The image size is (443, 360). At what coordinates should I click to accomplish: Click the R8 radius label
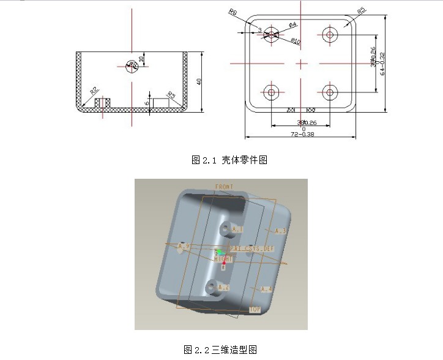(x=233, y=12)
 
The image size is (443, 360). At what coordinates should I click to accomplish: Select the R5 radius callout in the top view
(x=362, y=10)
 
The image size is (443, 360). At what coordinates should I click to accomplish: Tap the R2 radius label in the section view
(x=94, y=91)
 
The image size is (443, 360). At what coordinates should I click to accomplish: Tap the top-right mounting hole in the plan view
(x=330, y=34)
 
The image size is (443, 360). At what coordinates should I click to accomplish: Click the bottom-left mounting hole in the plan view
(x=270, y=92)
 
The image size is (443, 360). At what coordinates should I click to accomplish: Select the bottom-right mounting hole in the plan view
(x=330, y=92)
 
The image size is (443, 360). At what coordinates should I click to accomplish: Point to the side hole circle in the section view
(x=132, y=66)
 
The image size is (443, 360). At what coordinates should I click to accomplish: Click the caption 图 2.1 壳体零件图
(x=229, y=160)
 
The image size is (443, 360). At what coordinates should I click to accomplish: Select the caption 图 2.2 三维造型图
(x=220, y=350)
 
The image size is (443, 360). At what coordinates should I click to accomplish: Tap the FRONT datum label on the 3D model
(x=224, y=186)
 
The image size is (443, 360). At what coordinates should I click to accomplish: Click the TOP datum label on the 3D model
(x=255, y=309)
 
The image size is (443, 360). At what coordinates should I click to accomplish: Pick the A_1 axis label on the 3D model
(x=238, y=230)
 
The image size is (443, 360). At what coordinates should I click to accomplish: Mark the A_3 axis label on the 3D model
(x=280, y=231)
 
